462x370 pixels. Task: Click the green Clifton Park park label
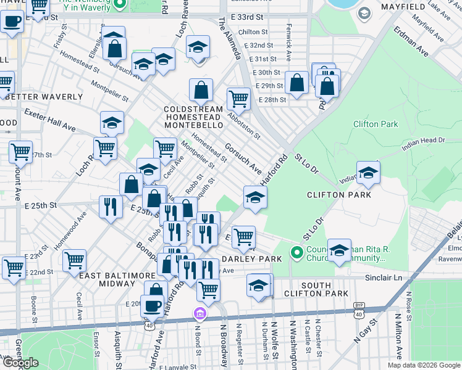pos(375,124)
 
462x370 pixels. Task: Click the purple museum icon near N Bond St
pos(199,314)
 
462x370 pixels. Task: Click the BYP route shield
pos(359,305)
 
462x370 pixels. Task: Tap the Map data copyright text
pos(424,365)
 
